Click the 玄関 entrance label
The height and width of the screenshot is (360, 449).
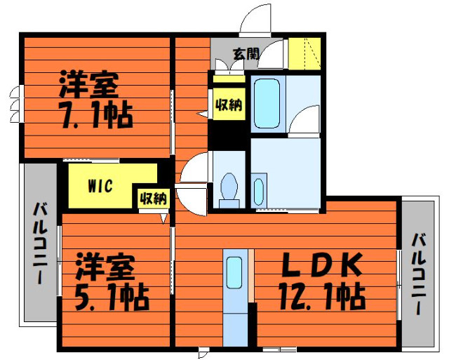pyautogui.click(x=246, y=53)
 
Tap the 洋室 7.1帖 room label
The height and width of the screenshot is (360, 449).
pyautogui.click(x=96, y=100)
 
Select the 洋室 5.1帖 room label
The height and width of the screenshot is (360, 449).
pyautogui.click(x=112, y=282)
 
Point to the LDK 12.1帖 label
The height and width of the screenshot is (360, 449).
pyautogui.click(x=323, y=281)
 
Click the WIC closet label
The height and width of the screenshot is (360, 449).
pyautogui.click(x=100, y=186)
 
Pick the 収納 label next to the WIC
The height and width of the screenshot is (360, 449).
pyautogui.click(x=153, y=198)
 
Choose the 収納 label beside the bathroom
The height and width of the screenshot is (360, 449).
pyautogui.click(x=229, y=105)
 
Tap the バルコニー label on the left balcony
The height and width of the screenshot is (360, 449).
pyautogui.click(x=40, y=243)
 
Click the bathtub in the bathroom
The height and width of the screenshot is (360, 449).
pyautogui.click(x=267, y=103)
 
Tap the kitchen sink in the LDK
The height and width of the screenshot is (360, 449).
pyautogui.click(x=234, y=273)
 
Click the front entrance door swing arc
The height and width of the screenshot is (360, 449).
pyautogui.click(x=255, y=19)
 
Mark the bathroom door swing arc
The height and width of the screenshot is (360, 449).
pyautogui.click(x=304, y=119)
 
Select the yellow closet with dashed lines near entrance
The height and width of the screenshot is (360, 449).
pyautogui.click(x=304, y=53)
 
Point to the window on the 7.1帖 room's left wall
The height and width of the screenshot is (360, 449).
pyautogui.click(x=16, y=104)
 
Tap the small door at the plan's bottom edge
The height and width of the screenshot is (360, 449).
pyautogui.click(x=203, y=352)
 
